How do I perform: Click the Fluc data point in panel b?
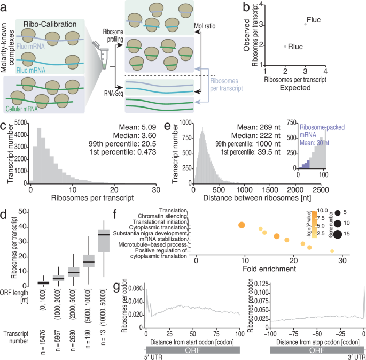[305, 24]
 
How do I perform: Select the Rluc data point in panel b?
[285, 46]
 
